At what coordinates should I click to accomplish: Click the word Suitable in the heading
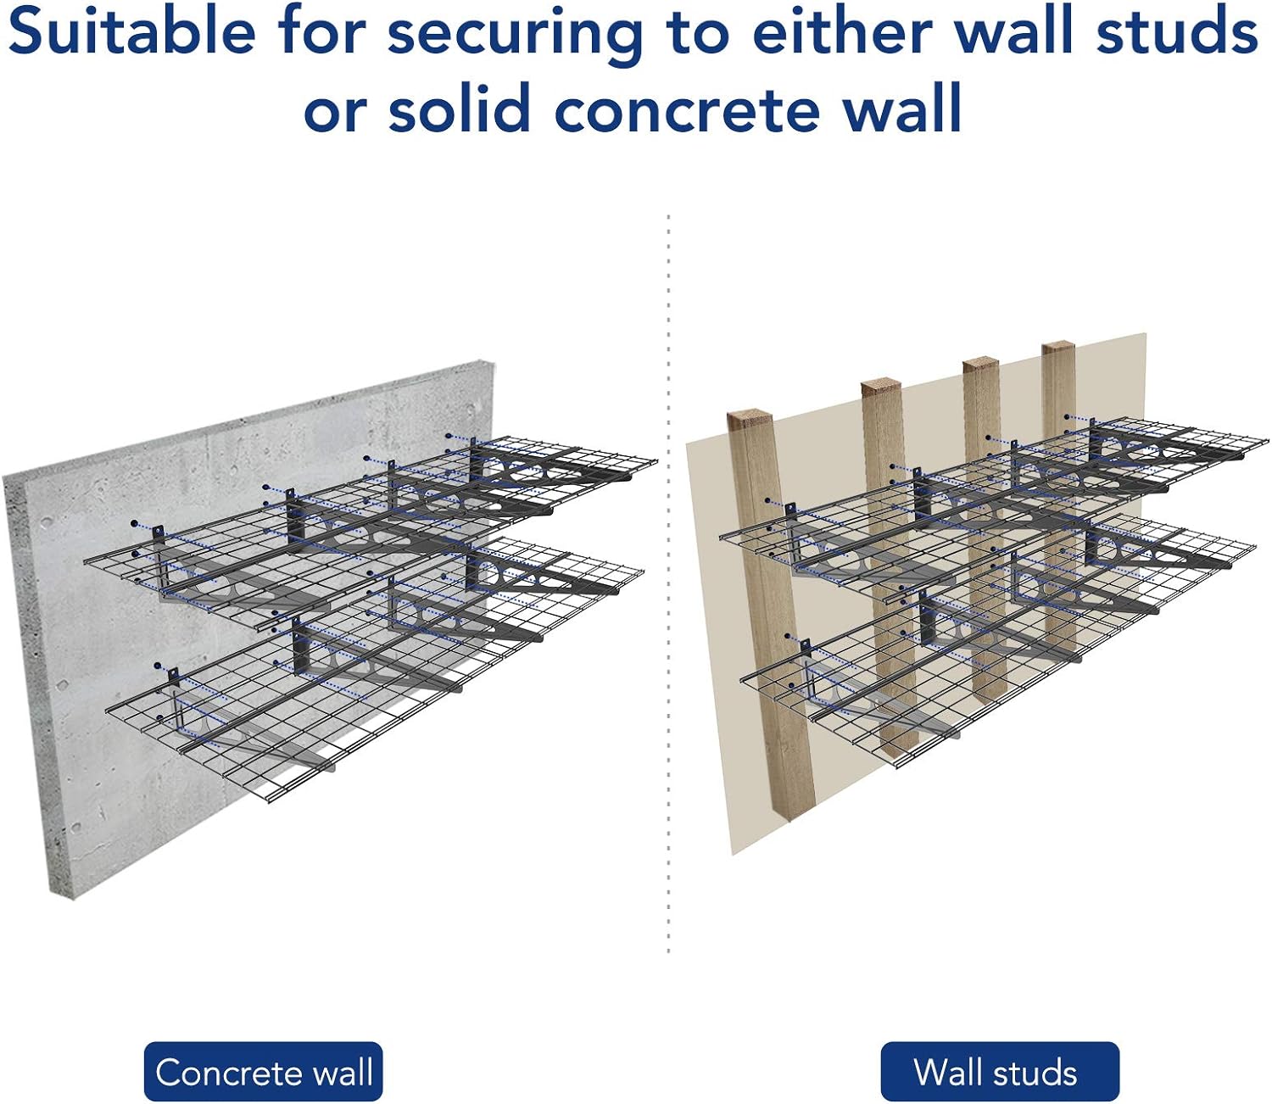pos(131,31)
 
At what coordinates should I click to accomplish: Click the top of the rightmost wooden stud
pos(1059,346)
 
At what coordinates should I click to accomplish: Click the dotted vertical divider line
pos(668,583)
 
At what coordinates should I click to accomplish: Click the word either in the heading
pos(843,31)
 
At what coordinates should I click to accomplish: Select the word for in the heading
pos(321,31)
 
